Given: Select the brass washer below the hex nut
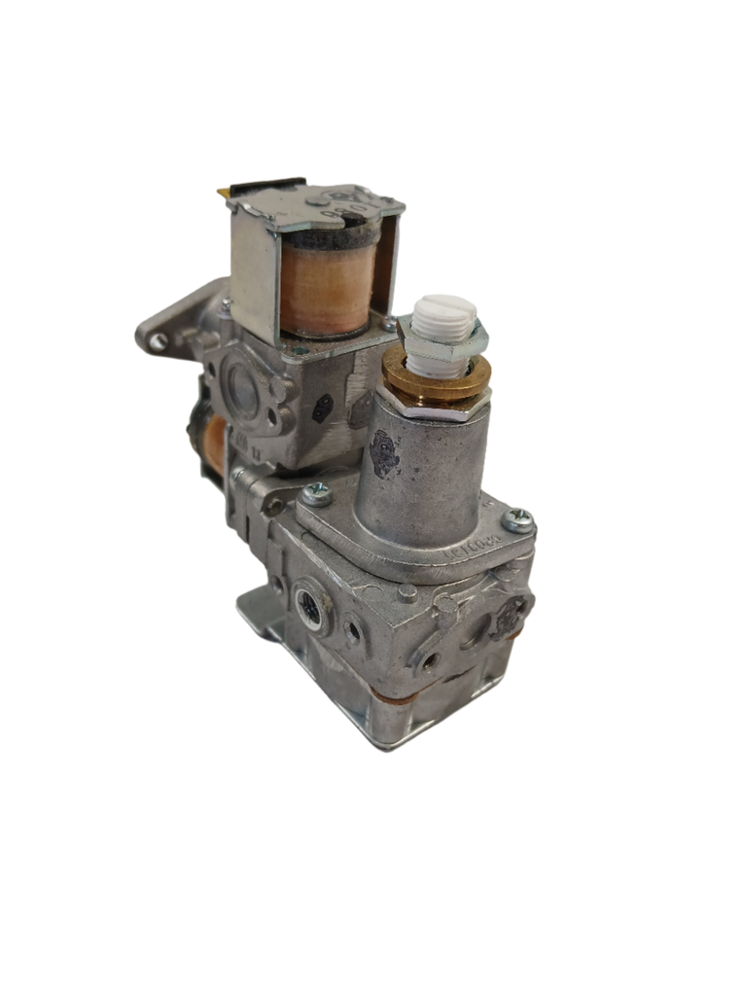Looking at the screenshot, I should coord(428,374).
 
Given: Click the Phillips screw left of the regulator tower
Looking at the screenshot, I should coord(316,495).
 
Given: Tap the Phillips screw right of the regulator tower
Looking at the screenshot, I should coord(519,518).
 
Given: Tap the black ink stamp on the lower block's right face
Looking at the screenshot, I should coord(510,614).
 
